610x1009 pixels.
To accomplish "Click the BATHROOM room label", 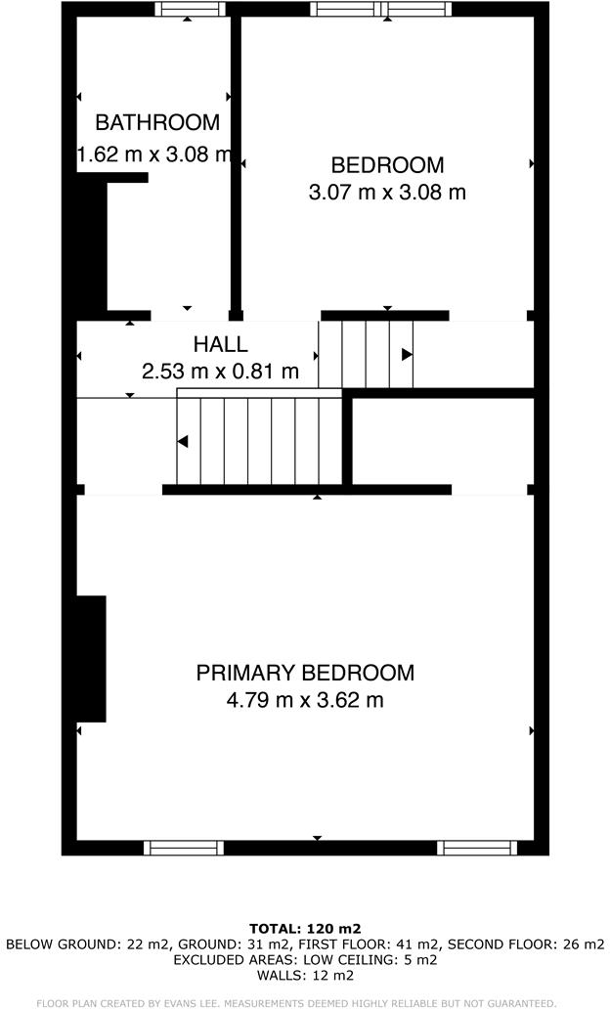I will tap(157, 122).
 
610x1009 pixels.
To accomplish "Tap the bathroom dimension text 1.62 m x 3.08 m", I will tap(154, 154).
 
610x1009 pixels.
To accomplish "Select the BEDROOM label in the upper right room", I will tap(387, 165).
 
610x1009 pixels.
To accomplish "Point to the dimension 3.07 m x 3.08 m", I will tap(387, 193).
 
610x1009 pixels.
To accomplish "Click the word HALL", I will tap(220, 344).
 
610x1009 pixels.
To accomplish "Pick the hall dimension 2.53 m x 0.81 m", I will tap(220, 372).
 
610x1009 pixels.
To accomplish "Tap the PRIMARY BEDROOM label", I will tap(305, 673).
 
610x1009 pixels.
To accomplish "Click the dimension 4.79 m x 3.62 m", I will tap(305, 700).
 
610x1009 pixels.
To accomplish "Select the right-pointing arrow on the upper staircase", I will tap(407, 354).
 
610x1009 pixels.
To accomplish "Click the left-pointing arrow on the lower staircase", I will tap(183, 441).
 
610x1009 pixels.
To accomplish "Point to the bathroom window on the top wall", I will tap(190, 10).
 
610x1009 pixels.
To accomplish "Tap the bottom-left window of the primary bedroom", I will tap(183, 848).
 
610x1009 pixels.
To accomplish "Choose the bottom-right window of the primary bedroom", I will tap(476, 848).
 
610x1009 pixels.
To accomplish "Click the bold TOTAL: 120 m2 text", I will tap(305, 928).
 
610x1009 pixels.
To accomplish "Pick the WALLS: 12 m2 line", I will tap(305, 975).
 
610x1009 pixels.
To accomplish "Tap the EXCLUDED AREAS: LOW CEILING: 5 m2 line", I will tap(305, 959).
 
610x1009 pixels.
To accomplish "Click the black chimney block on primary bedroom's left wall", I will tap(91, 658).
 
